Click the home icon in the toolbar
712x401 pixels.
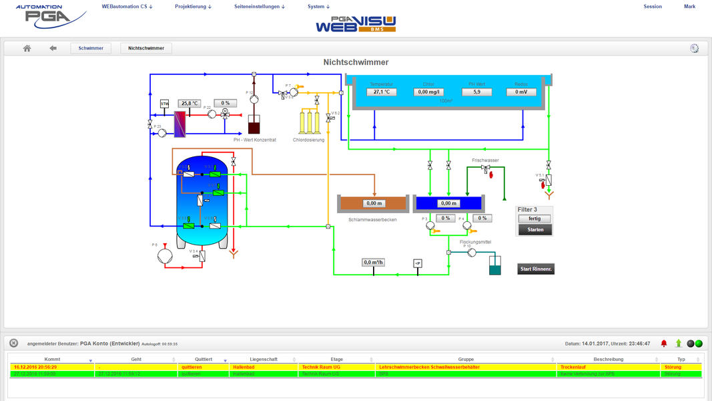tap(27, 48)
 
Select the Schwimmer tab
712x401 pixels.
tap(91, 48)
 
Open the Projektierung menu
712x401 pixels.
tap(193, 7)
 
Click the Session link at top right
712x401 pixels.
tap(653, 7)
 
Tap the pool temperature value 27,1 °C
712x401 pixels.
tap(382, 92)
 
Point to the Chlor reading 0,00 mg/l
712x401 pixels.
tap(429, 92)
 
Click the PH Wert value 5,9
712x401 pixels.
tap(477, 92)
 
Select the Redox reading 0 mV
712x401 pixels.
tap(521, 92)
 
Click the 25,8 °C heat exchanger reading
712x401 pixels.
tap(190, 104)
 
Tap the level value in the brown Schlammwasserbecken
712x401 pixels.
tap(374, 203)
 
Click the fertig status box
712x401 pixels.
tap(535, 219)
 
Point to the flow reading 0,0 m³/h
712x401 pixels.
tap(374, 263)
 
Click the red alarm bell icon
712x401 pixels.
tap(664, 344)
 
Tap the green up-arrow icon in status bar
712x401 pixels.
tap(679, 344)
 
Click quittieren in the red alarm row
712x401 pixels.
tap(191, 367)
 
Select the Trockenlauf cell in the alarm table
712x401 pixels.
tap(573, 367)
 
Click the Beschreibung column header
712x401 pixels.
tap(608, 360)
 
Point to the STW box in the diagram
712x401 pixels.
tap(165, 104)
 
